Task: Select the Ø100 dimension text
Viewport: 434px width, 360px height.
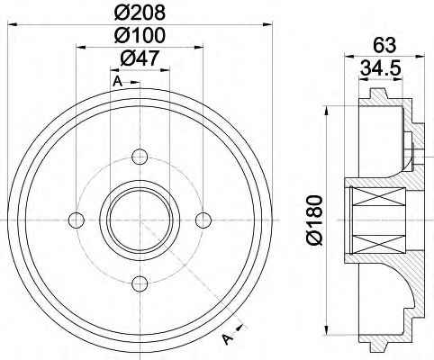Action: coord(140,37)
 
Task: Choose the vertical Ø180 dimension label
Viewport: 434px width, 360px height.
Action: coord(312,219)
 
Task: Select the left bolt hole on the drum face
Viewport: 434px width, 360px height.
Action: coord(77,218)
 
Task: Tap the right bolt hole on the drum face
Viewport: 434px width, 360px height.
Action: coord(202,218)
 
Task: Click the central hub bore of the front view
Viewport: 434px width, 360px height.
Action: coord(139,219)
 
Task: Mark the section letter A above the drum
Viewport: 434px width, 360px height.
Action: coord(117,83)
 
